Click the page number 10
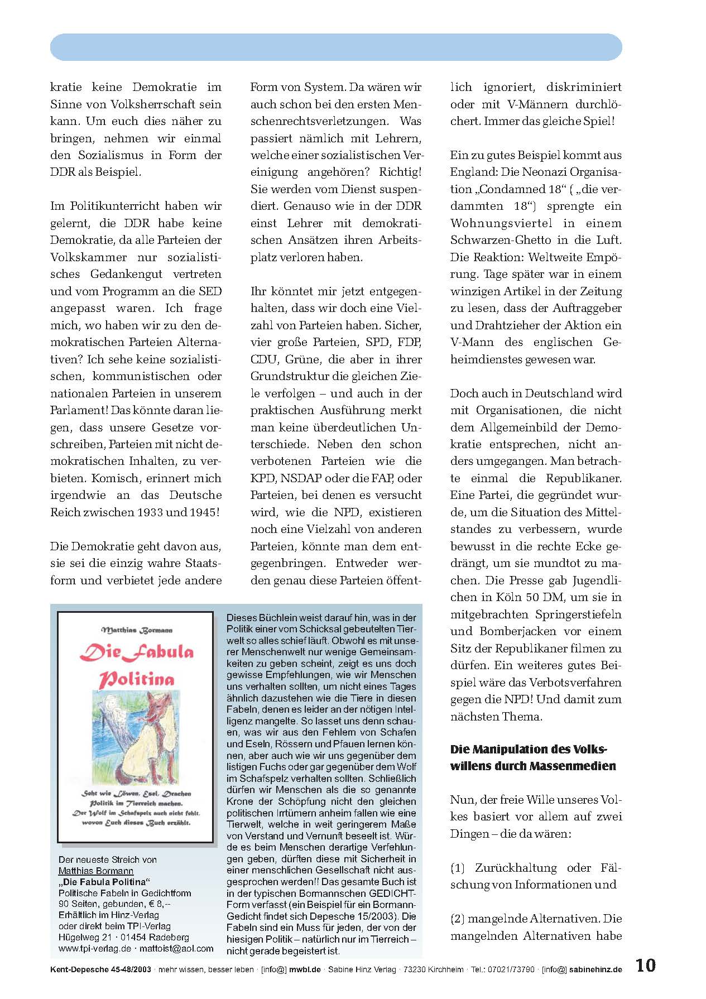(x=646, y=966)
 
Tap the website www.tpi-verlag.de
(x=95, y=948)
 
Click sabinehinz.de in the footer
(x=595, y=969)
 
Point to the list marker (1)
(x=458, y=868)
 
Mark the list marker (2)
(x=458, y=919)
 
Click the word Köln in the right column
(x=508, y=597)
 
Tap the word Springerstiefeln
(x=578, y=614)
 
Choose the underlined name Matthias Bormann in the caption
(x=95, y=871)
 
